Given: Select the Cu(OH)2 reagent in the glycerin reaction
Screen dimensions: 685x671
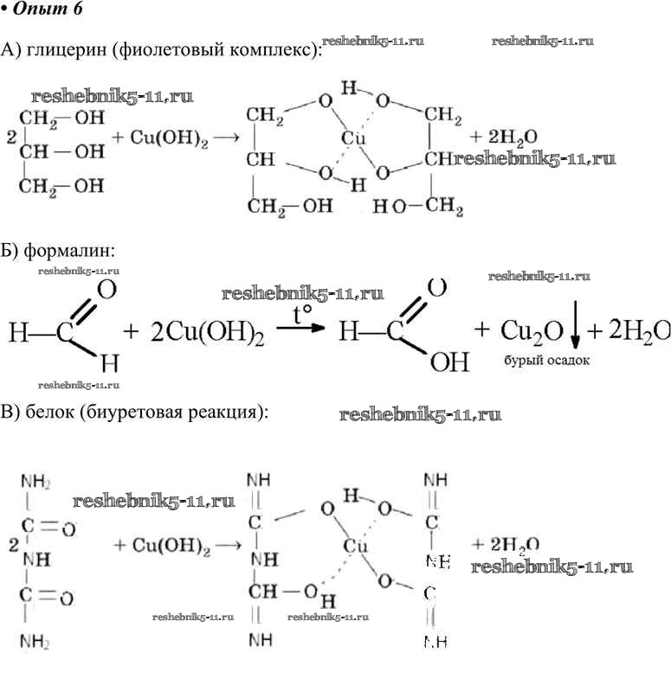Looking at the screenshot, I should point(161,138).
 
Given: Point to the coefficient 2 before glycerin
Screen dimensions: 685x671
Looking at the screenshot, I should point(10,138).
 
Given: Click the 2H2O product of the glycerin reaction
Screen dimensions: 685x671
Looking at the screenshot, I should point(505,138).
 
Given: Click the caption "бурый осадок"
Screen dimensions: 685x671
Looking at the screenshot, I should point(546,362).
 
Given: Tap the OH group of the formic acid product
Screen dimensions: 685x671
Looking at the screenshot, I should point(449,361).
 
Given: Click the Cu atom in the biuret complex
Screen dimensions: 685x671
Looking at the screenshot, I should point(356,547).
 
